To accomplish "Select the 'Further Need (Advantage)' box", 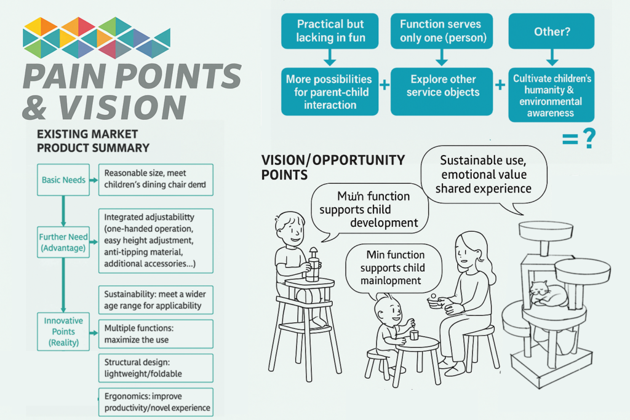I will (x=63, y=242).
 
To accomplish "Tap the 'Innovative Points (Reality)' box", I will (x=63, y=331).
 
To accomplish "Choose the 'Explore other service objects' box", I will (x=441, y=92).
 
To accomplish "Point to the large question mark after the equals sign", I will (x=589, y=139).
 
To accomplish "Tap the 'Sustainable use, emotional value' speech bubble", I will (x=484, y=174).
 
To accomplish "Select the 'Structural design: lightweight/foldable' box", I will (x=156, y=367).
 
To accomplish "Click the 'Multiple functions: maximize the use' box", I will (x=156, y=334).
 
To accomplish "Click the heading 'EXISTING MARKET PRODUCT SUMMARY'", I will (x=93, y=141).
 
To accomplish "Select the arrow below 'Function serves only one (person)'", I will (x=441, y=58).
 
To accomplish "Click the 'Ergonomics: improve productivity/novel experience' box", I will (x=156, y=402).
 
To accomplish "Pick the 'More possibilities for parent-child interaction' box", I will (x=329, y=92).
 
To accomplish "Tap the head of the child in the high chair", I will (x=290, y=228).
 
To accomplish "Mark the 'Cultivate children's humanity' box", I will (x=551, y=95).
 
